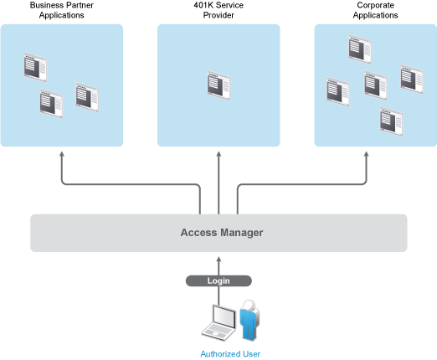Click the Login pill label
click(218, 280)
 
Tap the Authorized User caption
click(230, 354)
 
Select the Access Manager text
click(222, 233)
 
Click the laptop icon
click(218, 322)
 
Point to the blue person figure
click(249, 321)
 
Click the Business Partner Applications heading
click(62, 10)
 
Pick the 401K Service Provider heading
click(218, 10)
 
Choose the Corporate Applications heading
click(375, 10)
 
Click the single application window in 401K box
click(218, 85)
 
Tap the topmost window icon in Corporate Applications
click(360, 49)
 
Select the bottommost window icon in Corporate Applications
click(391, 121)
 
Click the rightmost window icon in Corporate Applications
click(412, 80)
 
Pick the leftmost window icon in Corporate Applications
click(338, 91)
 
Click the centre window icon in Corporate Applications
click(376, 85)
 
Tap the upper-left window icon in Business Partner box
click(35, 67)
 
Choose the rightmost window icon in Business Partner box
click(87, 97)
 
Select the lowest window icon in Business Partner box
click(51, 104)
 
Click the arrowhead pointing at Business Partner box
click(62, 154)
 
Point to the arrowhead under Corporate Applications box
click(366, 154)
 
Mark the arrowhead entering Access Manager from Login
click(218, 259)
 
